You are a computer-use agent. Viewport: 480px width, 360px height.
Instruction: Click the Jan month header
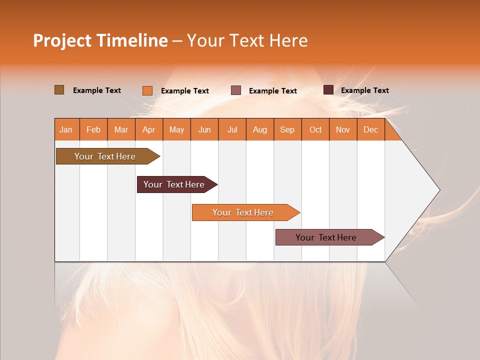coord(66,129)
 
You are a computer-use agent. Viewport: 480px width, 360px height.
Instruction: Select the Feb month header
coord(93,129)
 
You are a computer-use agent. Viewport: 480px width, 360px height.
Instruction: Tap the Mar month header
coord(121,129)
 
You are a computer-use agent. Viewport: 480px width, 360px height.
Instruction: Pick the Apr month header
coord(149,129)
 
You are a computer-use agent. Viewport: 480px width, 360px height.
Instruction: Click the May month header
coord(176,129)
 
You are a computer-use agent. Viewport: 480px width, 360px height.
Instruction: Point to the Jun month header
coord(204,129)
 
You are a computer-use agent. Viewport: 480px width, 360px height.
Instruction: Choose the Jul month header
coord(232,129)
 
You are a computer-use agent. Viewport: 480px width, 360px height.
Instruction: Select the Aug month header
coord(260,129)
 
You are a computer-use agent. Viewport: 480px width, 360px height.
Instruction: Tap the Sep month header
coord(287,129)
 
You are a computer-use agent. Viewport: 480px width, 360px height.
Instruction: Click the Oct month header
coord(315,129)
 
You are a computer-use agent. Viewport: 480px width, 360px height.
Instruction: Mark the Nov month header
coord(343,129)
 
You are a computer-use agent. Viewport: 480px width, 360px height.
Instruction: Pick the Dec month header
coord(371,129)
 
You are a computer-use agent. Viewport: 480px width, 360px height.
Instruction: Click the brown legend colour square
coord(59,90)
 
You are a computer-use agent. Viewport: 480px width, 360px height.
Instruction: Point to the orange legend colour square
coord(147,90)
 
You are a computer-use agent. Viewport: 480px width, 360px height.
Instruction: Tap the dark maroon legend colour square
coord(328,90)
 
